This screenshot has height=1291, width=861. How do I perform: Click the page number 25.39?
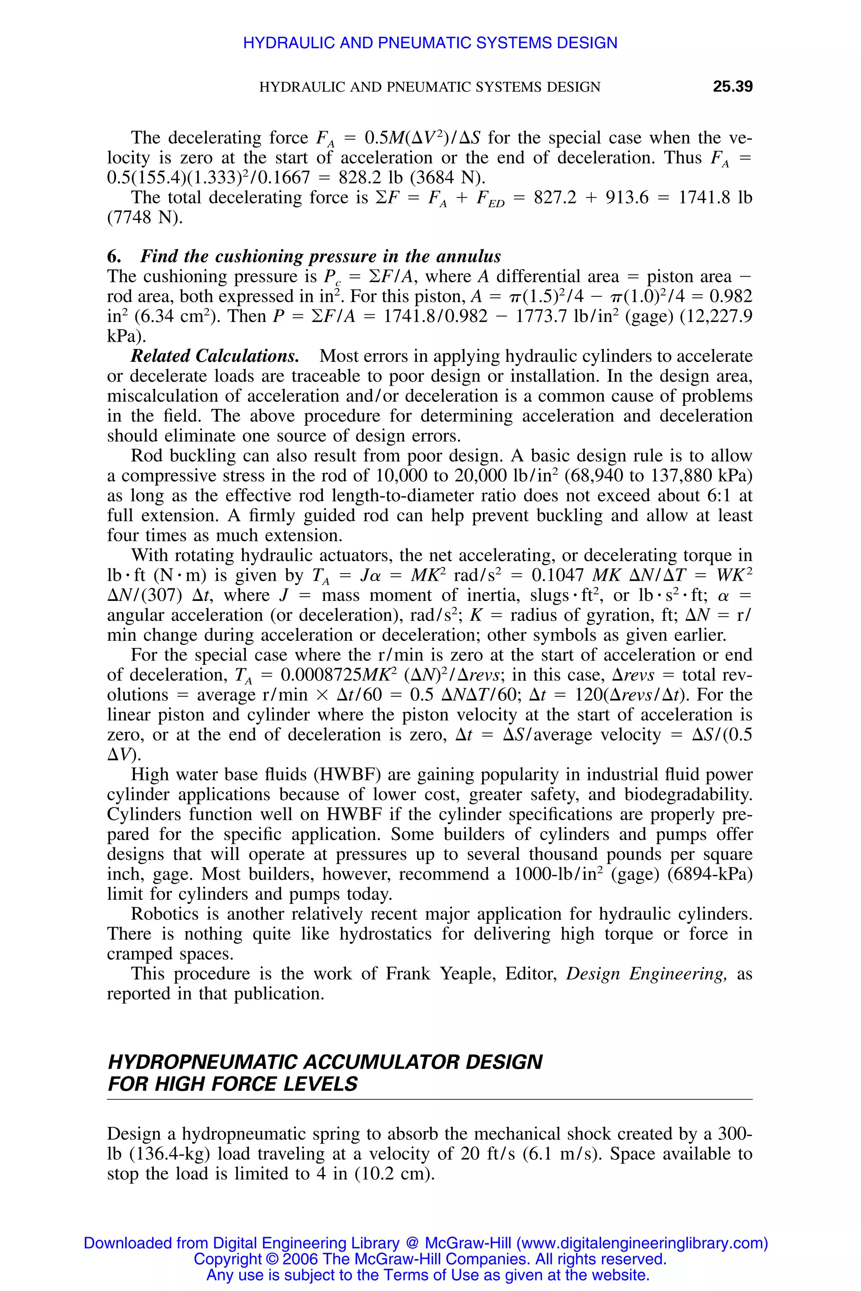pyautogui.click(x=732, y=87)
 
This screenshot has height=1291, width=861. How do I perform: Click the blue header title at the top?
pyautogui.click(x=430, y=43)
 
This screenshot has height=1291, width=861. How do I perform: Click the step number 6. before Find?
pyautogui.click(x=114, y=257)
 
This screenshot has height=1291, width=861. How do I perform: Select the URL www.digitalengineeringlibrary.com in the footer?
pyautogui.click(x=640, y=1243)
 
